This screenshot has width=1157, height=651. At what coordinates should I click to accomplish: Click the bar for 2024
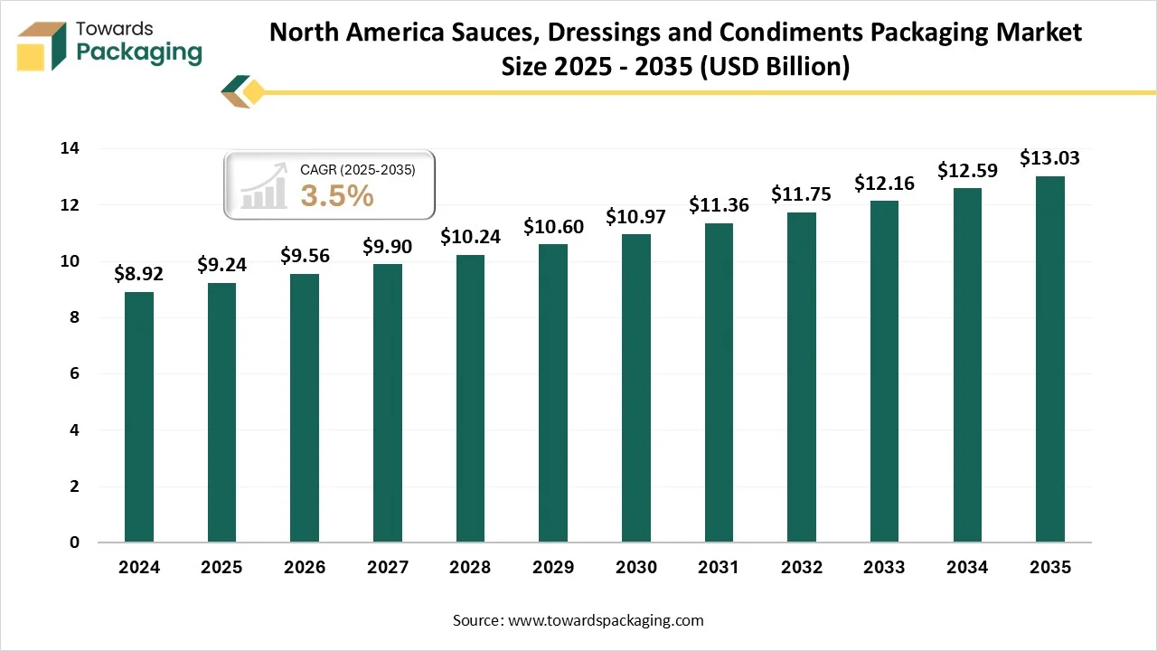click(139, 417)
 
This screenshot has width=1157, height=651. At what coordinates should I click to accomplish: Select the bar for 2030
click(635, 388)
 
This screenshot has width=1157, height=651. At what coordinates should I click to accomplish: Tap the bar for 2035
click(1049, 359)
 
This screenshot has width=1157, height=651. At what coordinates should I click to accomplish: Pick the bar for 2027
click(387, 403)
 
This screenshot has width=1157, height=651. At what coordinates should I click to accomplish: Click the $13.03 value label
click(1049, 158)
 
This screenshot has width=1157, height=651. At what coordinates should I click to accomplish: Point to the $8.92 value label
click(139, 274)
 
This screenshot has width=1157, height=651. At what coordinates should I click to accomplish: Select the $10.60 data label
click(553, 227)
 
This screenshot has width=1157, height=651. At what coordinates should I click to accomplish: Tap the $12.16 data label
click(884, 184)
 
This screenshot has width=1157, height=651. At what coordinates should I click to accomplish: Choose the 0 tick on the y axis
click(74, 542)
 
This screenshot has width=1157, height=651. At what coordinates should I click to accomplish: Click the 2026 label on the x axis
click(305, 568)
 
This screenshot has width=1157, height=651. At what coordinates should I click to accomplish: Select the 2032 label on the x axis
click(801, 568)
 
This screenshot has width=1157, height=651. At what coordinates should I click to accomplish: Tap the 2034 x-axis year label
click(966, 568)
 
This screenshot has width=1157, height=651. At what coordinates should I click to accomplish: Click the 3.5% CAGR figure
click(336, 195)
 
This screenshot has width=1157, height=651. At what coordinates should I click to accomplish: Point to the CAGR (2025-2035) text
click(357, 169)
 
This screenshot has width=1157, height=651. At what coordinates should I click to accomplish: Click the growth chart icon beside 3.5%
click(263, 188)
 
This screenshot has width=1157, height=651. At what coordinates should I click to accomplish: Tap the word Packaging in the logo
click(139, 52)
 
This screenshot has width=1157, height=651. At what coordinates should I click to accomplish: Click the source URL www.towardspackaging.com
click(606, 620)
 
